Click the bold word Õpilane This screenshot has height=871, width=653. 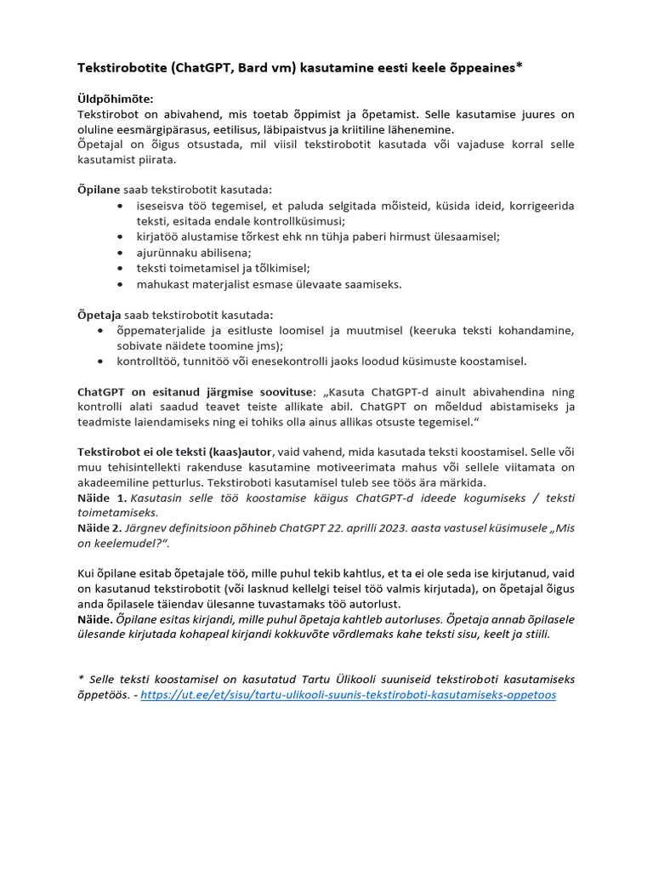click(x=99, y=190)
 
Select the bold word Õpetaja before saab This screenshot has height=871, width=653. click(x=99, y=315)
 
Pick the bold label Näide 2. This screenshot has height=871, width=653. click(x=102, y=528)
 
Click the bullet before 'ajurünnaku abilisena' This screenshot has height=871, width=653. click(x=124, y=253)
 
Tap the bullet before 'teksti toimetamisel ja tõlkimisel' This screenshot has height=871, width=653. click(x=124, y=268)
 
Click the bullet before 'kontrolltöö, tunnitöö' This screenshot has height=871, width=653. click(x=100, y=361)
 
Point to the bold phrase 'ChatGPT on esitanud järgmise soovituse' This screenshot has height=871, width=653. click(x=196, y=392)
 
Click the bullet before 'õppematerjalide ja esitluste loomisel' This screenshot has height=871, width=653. click(x=100, y=330)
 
